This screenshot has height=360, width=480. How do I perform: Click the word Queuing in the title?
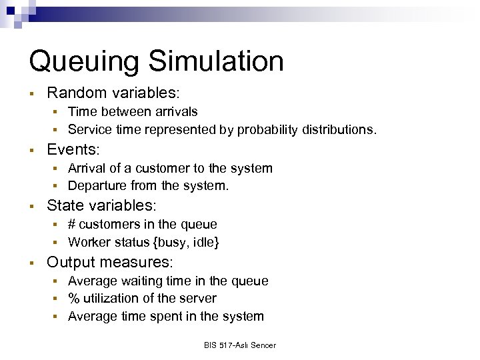click(83, 61)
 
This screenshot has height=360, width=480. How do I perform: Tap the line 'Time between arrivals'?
click(133, 111)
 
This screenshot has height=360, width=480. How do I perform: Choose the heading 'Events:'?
click(73, 149)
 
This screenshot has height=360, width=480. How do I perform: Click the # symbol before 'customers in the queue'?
click(72, 225)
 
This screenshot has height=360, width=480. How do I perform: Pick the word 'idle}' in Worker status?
click(206, 242)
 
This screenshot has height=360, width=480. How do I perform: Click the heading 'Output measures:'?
click(110, 262)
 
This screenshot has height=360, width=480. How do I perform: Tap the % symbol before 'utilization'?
click(73, 299)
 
